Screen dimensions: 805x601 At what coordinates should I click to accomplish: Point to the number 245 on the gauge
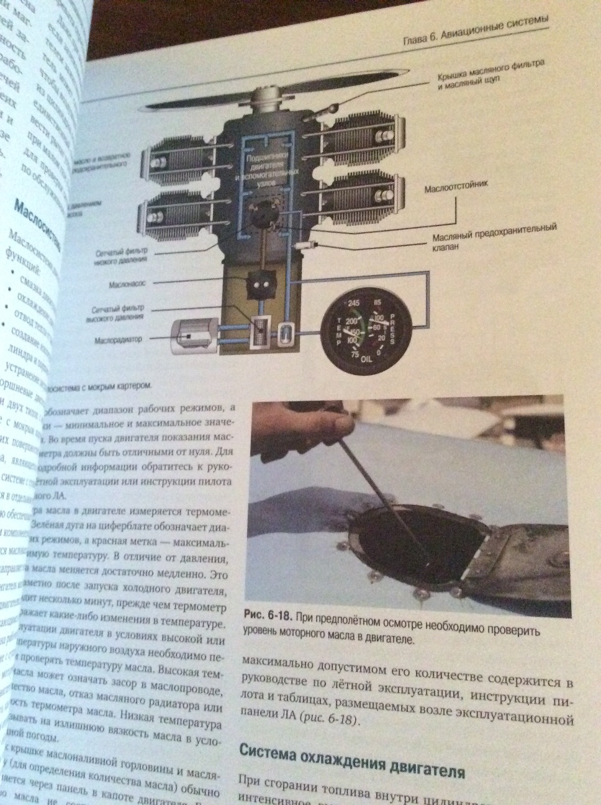[x=355, y=302]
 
